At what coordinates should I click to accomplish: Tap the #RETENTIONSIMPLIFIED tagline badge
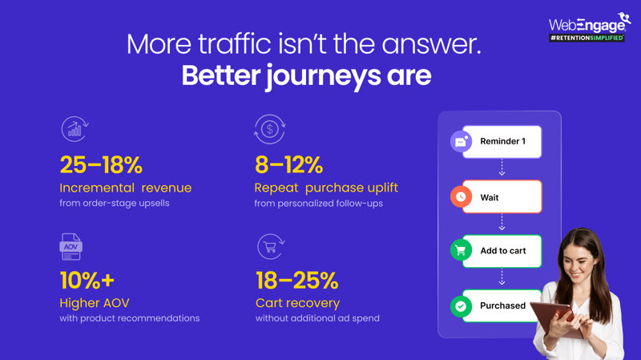587,38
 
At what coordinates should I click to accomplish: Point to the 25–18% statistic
101,165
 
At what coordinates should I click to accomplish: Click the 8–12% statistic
288,165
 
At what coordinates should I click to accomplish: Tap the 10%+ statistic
87,281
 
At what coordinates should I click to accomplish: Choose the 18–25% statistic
297,281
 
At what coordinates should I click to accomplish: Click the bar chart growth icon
75,129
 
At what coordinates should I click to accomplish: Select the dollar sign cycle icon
269,129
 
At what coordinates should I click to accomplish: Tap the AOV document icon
71,247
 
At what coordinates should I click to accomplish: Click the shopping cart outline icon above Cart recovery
271,246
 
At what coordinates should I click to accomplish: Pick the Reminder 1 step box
502,142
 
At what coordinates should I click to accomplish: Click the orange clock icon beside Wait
461,196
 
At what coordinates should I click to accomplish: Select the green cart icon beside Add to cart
461,250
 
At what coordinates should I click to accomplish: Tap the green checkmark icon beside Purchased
461,306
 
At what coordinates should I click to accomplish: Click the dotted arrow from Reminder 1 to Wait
502,168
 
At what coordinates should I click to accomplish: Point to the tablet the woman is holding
555,319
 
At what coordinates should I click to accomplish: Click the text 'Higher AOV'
95,303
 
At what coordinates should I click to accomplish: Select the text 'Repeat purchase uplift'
326,188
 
